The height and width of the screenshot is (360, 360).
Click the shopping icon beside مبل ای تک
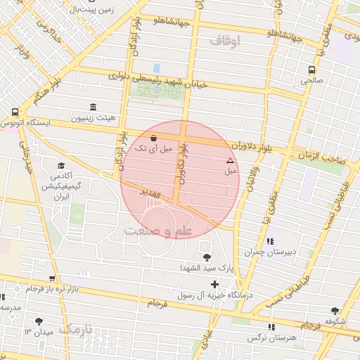[x=154, y=138]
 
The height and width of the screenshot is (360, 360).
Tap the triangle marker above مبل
[x=229, y=161]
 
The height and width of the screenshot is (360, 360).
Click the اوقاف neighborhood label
[x=225, y=41]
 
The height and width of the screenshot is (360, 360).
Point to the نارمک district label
[x=77, y=329]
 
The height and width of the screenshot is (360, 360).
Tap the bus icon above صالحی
[x=311, y=70]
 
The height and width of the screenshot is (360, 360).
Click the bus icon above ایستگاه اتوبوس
[x=15, y=112]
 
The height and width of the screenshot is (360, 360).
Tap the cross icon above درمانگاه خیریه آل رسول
[x=214, y=283]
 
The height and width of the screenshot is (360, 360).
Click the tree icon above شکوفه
[x=334, y=311]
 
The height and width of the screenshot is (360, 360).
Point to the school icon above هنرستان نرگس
[x=271, y=327]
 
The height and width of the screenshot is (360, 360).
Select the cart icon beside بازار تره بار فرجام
[x=53, y=279]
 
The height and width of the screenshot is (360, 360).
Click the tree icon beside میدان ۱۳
[x=38, y=321]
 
